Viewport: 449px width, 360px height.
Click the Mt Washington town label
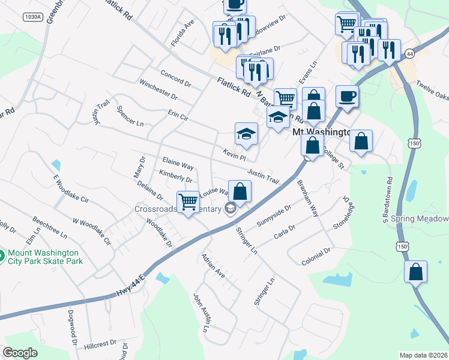point(321,132)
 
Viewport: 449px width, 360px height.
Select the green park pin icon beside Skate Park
point(2,256)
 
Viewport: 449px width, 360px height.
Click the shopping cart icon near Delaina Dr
point(188,202)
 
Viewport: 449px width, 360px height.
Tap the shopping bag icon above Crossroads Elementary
point(240,192)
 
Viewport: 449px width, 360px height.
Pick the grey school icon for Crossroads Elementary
point(229,209)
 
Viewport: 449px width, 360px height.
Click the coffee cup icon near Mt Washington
point(348,95)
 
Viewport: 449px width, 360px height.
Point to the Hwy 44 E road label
point(130,286)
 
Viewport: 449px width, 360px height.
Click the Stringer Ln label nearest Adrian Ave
point(246,239)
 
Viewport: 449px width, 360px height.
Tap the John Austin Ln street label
point(199,313)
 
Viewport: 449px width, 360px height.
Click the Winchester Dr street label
point(158,88)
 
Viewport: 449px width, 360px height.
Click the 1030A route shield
point(33,17)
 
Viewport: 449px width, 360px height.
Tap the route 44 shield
point(410,54)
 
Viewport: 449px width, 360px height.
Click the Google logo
point(20,353)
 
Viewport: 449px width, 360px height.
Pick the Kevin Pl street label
point(234,154)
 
